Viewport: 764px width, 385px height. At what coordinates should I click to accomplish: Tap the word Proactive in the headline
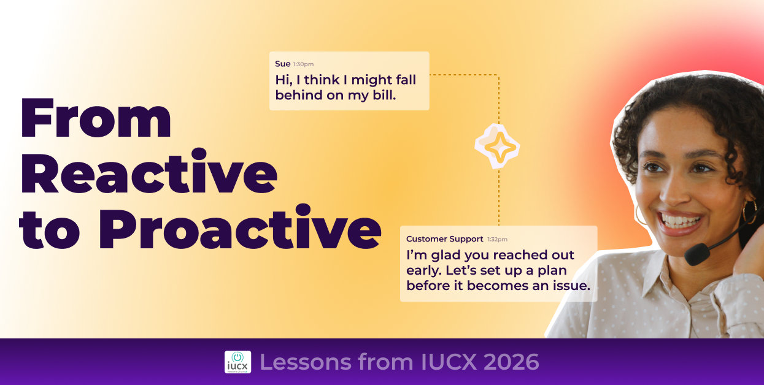239,230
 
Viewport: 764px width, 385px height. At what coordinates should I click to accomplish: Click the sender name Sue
282,64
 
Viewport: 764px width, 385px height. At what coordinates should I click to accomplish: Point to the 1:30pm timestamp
303,64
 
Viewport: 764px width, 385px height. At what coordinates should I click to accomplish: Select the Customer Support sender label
444,238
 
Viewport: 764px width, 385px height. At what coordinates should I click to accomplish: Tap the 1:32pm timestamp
498,239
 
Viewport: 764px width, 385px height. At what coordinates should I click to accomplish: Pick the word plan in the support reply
552,270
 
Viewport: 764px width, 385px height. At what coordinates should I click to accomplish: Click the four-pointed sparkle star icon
498,147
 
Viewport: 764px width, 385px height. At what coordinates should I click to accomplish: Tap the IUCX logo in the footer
237,362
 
